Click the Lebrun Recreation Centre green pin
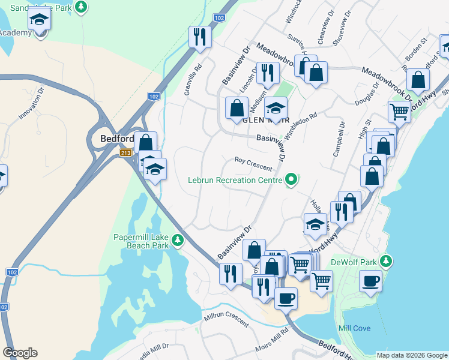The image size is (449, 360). pyautogui.click(x=292, y=179)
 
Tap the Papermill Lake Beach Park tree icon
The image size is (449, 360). pyautogui.click(x=177, y=241)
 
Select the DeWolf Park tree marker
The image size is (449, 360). pyautogui.click(x=387, y=261)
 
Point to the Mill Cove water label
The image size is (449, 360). pyautogui.click(x=354, y=328)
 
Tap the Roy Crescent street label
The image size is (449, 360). pyautogui.click(x=253, y=164)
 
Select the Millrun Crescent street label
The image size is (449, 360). pyautogui.click(x=226, y=319)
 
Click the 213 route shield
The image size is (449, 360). pyautogui.click(x=125, y=153)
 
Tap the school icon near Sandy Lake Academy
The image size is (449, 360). pyautogui.click(x=40, y=19)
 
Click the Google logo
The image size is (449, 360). pyautogui.click(x=20, y=353)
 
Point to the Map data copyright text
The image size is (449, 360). pyautogui.click(x=412, y=355)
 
